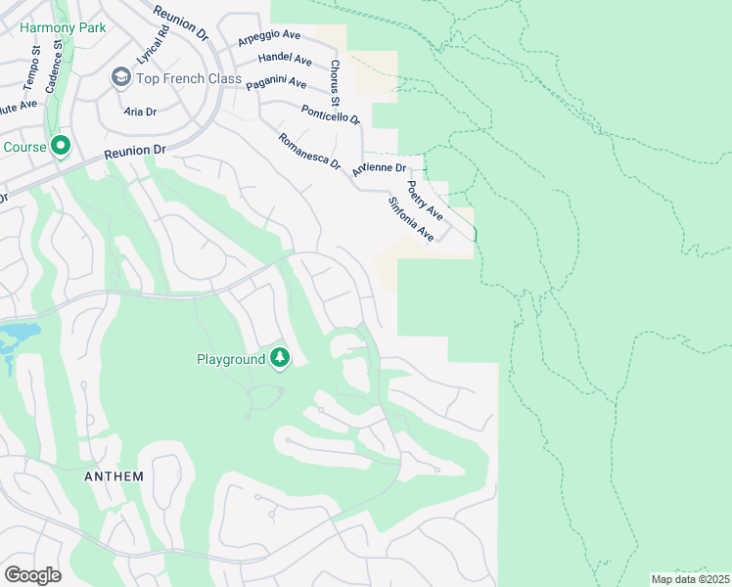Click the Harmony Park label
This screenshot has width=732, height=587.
click(x=63, y=27)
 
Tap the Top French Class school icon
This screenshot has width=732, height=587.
click(x=120, y=76)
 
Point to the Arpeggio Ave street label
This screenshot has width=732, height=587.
click(x=269, y=40)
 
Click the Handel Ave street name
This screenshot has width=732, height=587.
click(x=284, y=59)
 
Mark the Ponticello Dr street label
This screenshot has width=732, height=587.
click(x=331, y=114)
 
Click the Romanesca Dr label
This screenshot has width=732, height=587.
click(x=308, y=153)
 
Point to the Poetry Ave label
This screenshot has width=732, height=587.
click(x=425, y=200)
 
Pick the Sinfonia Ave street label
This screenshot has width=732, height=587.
click(x=410, y=219)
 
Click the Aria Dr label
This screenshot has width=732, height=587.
click(x=140, y=113)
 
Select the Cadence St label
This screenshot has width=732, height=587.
click(x=59, y=58)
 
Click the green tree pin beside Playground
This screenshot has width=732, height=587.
click(x=280, y=359)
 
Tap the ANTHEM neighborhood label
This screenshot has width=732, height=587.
click(x=114, y=476)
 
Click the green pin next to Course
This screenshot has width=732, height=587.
click(x=60, y=147)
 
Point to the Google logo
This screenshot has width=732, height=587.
click(x=32, y=574)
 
